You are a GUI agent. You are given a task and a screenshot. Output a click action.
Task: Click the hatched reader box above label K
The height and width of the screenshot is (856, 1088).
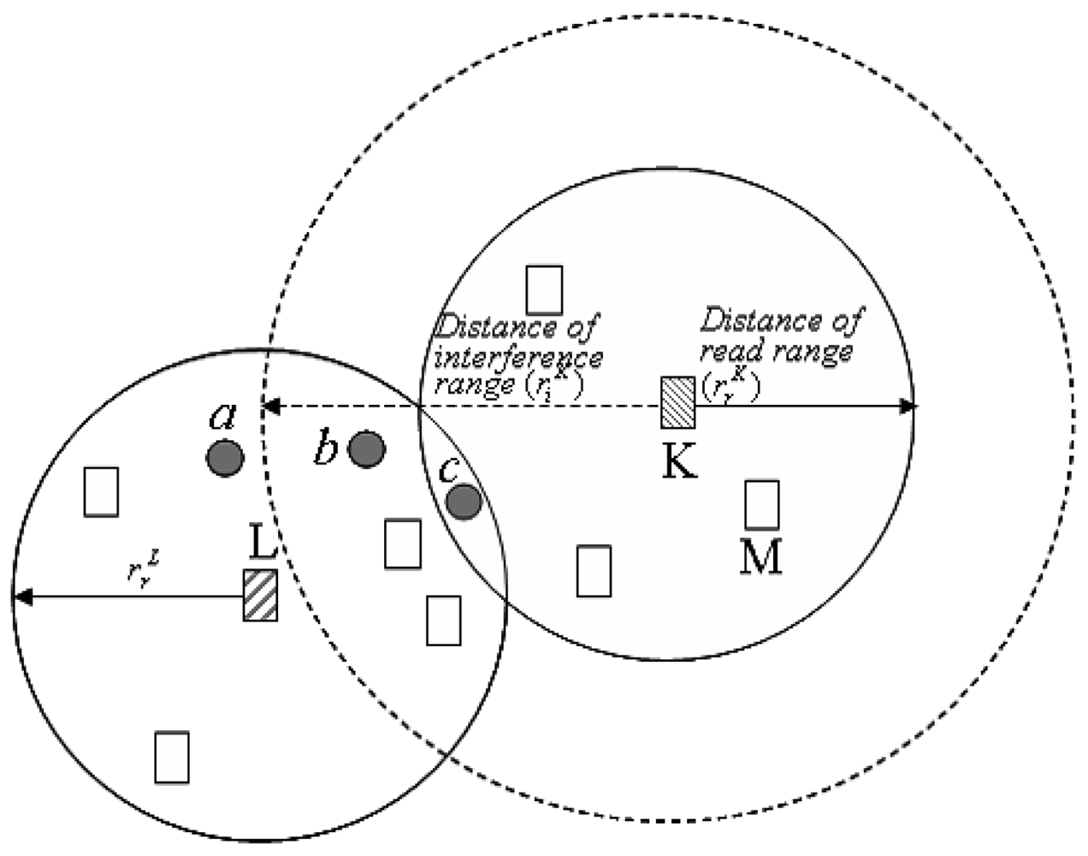coord(677,402)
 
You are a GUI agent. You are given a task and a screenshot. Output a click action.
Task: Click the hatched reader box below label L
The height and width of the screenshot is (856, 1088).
coord(260,595)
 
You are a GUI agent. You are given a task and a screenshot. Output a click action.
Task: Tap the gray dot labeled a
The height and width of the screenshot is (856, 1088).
coord(225,457)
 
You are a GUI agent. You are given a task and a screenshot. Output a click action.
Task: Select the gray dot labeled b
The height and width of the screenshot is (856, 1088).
coord(367,449)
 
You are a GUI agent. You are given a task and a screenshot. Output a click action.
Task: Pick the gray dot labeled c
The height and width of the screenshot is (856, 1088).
coord(464,502)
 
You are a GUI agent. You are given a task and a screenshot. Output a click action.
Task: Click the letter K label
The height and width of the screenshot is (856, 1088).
coord(680,462)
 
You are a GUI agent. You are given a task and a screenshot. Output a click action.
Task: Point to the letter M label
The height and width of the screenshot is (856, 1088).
coord(760,558)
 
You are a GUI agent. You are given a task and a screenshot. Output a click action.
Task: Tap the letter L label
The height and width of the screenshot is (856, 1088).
coord(263,543)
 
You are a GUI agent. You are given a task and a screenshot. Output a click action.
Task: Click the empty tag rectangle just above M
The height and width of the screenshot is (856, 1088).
coord(761,505)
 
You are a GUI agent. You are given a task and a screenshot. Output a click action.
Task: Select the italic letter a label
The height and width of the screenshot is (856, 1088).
coord(222,417)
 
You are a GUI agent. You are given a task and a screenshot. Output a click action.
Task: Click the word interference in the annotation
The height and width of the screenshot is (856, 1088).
coord(518,355)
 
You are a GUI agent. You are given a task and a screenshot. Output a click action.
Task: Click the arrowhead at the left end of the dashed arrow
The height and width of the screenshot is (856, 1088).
coord(269,407)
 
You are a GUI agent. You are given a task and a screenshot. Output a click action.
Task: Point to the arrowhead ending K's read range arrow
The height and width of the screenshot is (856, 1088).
coord(908,407)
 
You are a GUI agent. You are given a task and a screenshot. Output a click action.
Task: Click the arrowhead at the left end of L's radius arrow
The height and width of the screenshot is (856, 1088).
coord(21,596)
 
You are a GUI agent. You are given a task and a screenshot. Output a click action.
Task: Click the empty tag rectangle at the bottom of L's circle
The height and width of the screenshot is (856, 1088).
coord(171,757)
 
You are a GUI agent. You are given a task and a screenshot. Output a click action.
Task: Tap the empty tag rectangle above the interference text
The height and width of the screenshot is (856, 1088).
coord(544,290)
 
